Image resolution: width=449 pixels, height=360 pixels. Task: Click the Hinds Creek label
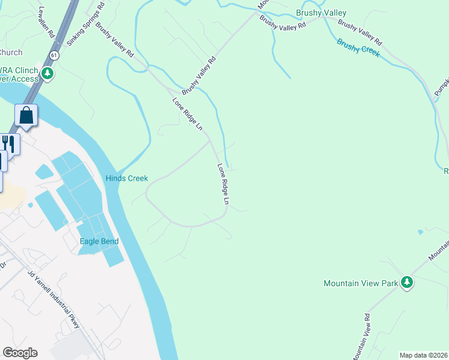[x=127, y=178]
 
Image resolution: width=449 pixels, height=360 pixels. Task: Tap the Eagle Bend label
[x=99, y=241]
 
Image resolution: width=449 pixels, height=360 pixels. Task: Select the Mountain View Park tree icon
[x=408, y=282]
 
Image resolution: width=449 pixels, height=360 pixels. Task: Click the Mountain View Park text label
[x=361, y=283]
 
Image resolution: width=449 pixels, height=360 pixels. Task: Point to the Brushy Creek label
[x=358, y=47]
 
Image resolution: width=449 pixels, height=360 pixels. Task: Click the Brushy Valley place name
[x=321, y=13]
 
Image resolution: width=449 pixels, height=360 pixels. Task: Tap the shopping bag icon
[x=26, y=115]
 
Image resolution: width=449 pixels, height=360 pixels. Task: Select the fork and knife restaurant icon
[x=8, y=143]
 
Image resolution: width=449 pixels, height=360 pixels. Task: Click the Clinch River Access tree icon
[x=47, y=74]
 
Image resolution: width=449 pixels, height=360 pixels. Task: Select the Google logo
[x=20, y=352]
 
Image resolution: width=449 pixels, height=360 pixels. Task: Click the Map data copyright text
[x=424, y=355]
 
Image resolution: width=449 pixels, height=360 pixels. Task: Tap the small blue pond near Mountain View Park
[x=420, y=232]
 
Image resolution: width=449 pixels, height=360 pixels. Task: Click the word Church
[x=10, y=52]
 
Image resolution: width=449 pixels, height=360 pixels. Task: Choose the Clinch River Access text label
[x=18, y=74]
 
